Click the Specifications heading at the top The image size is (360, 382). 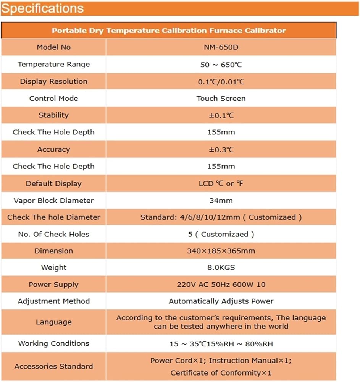pos(42,8)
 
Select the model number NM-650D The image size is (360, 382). pos(221,47)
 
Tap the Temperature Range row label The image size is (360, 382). pos(53,64)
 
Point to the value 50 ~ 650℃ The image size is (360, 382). pos(221,65)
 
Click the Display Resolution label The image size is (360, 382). pos(53,81)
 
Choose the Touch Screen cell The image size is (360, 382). pos(221,98)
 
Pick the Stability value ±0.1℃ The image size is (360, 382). pos(221,115)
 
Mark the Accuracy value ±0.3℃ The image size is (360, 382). pos(221,149)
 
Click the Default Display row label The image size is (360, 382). pos(53,183)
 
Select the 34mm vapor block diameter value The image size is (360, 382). pos(221,200)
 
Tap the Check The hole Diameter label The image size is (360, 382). pos(53,217)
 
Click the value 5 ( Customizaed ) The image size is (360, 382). pos(221,234)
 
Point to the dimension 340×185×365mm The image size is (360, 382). pos(221,251)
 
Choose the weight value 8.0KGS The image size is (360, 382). pos(221,267)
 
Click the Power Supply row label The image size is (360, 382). pos(53,285)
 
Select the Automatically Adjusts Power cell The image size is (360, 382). pos(221,301)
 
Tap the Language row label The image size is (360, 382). pos(53,322)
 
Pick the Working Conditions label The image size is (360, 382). pos(53,343)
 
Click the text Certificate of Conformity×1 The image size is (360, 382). pos(221,372)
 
